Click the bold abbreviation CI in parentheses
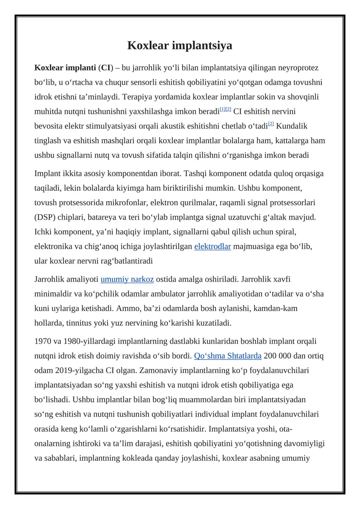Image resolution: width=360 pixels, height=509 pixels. point(106,68)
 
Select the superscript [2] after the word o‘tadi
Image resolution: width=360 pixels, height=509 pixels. point(271,123)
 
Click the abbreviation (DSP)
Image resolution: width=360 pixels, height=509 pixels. point(47,218)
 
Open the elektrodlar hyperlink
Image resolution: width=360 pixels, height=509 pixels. point(212,246)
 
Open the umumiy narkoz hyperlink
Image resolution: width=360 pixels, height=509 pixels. point(127,279)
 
